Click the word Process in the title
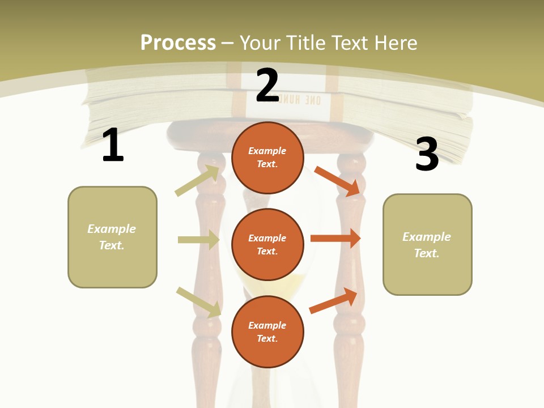pos(178,43)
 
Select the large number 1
pos(113,146)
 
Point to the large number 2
pos(267,86)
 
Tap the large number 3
pos(427,154)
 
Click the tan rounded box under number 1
pos(112,237)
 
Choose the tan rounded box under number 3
pos(427,244)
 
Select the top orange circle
pos(267,158)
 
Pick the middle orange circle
pos(267,244)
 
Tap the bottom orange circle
pos(267,331)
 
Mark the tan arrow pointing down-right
pos(198,302)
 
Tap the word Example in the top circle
pos(267,151)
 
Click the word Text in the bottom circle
pos(266,338)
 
